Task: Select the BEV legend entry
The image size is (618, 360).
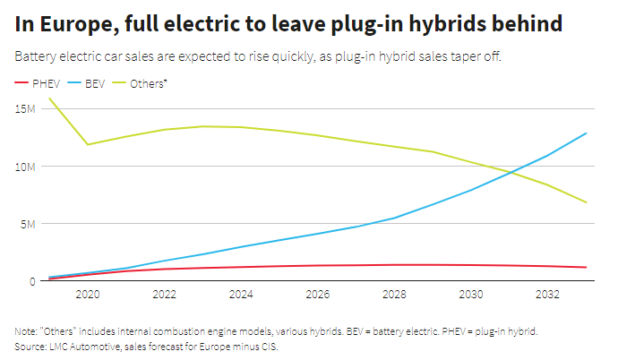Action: [95, 83]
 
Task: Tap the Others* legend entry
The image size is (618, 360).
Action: [147, 83]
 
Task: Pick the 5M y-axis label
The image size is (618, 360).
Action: [27, 224]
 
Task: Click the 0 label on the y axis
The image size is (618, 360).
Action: [31, 281]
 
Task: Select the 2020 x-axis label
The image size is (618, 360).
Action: [88, 295]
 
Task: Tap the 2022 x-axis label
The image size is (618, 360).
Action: [164, 295]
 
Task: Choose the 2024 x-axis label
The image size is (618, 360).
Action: [241, 295]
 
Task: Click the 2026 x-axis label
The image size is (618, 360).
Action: [318, 295]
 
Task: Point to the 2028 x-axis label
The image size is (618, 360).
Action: [395, 295]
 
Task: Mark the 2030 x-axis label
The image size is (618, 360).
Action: [471, 295]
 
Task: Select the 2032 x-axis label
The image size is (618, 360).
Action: [548, 295]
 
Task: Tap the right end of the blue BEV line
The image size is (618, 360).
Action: [587, 133]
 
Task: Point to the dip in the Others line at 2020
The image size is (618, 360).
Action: [88, 144]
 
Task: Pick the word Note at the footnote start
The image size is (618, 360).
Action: [26, 331]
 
